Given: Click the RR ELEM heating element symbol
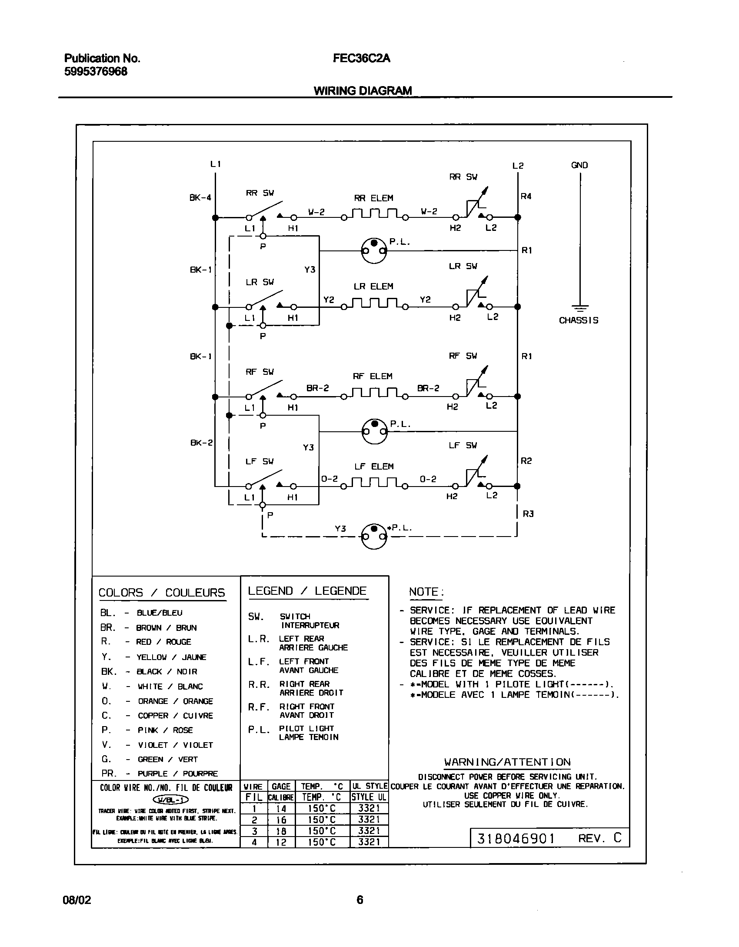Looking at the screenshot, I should pyautogui.click(x=374, y=214).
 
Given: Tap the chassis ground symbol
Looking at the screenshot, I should pyautogui.click(x=579, y=308).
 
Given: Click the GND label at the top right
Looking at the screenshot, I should pyautogui.click(x=579, y=165).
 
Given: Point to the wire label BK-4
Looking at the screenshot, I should pyautogui.click(x=200, y=197).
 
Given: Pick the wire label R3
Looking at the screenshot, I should pyautogui.click(x=528, y=514).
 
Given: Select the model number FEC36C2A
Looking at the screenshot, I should pyautogui.click(x=361, y=58).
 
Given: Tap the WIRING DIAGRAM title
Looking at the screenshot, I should pyautogui.click(x=363, y=90).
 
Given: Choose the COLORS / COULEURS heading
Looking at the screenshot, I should pyautogui.click(x=162, y=593).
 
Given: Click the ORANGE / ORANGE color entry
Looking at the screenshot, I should pyautogui.click(x=175, y=701).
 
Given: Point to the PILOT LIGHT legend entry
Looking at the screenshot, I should pyautogui.click(x=306, y=728).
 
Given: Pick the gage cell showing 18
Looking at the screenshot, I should pyautogui.click(x=281, y=831).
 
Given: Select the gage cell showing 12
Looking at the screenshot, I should pyautogui.click(x=281, y=842).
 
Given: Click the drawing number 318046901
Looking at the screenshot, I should pyautogui.click(x=516, y=838).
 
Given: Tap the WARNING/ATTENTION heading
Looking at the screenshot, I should pyautogui.click(x=507, y=762).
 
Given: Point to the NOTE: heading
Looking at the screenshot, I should pyautogui.click(x=426, y=592).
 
